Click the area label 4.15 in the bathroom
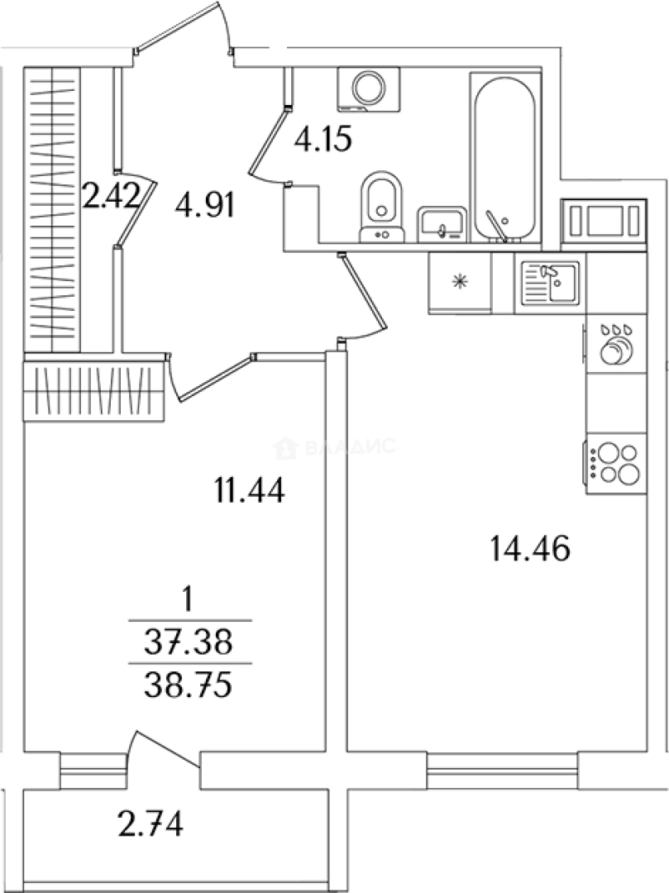323,139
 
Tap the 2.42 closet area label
111,197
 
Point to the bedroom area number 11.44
250,490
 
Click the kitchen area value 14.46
530,549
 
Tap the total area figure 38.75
189,685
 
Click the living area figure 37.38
189,642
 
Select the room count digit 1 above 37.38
188,599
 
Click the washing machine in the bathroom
368,88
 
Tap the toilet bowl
381,208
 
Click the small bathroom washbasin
442,224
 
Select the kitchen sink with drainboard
550,283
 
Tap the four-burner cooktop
616,464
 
